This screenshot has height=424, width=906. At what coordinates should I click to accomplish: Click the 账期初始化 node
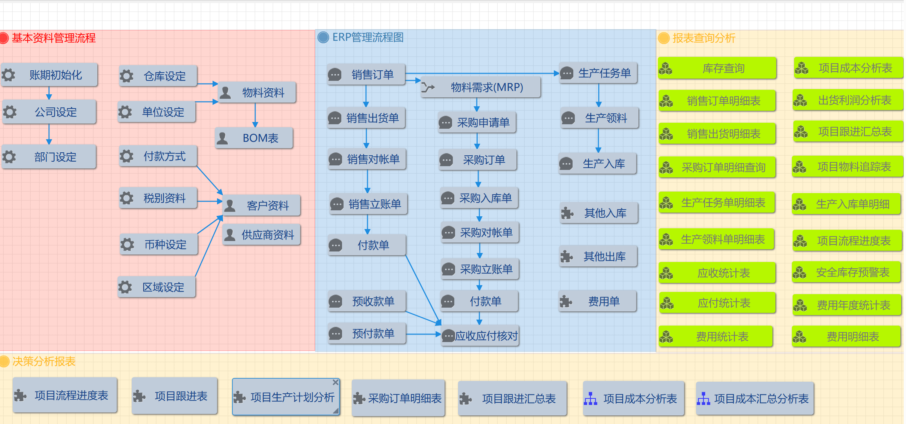pos(49,75)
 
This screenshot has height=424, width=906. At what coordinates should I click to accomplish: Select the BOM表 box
pos(254,138)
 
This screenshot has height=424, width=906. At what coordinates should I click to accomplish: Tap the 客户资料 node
pos(262,205)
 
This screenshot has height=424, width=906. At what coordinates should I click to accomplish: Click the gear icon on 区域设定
pos(125,287)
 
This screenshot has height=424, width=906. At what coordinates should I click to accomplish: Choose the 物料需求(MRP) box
pos(481,88)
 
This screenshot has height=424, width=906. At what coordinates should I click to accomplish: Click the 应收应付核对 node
pos(480,336)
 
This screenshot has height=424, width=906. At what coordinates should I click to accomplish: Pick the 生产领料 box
pos(600,118)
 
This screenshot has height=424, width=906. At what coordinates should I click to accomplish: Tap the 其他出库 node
pos(598,257)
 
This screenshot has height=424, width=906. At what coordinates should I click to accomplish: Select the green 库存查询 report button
pos(717,68)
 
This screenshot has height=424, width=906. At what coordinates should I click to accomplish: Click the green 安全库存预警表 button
pos(846,272)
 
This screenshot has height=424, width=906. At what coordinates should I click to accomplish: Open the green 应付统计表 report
pos(717,303)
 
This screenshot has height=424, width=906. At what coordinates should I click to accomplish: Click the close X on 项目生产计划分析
pos(336,382)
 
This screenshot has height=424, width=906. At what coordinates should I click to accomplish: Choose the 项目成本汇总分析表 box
pos(755,399)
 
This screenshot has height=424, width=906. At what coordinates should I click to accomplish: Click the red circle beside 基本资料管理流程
pos(4,38)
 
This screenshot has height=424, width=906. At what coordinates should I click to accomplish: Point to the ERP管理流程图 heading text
pos(367,37)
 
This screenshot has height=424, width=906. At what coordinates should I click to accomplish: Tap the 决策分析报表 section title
pos(44,362)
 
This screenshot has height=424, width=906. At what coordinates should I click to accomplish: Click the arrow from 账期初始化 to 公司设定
pos(49,93)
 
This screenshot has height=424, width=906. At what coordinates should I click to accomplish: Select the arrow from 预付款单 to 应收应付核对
pos(423,334)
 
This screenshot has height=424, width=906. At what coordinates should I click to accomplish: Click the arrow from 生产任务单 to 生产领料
pos(599,95)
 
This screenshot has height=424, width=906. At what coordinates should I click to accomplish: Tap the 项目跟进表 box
pos(175,396)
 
